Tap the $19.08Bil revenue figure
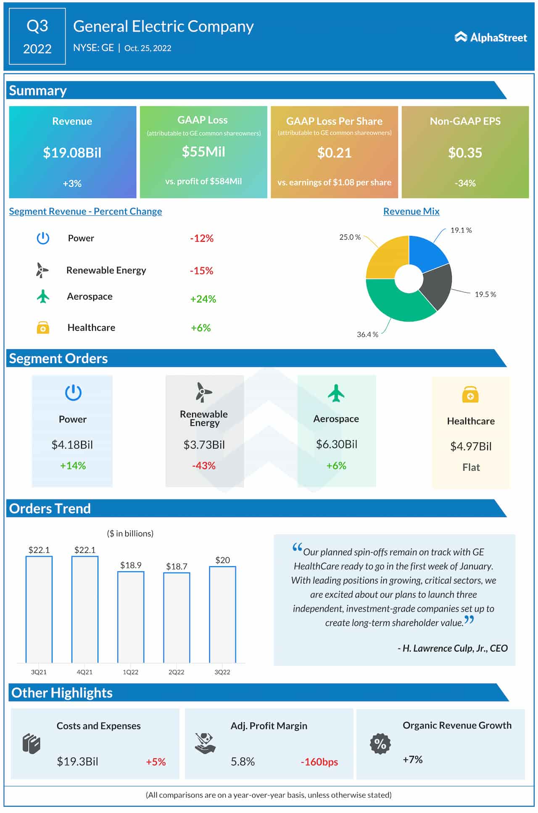72,153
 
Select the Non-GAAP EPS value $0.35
465,153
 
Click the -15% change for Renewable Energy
201,271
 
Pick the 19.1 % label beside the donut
461,230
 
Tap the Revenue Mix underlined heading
411,211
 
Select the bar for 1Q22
131,617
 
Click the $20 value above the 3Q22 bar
222,560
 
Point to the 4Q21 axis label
84,672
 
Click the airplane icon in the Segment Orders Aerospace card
336,393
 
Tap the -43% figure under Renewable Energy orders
204,466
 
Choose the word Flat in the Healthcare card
471,467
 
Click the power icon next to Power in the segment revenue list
43,238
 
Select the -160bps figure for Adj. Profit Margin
319,762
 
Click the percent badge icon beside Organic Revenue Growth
380,744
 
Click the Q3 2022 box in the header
37,37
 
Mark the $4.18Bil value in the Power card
72,445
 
